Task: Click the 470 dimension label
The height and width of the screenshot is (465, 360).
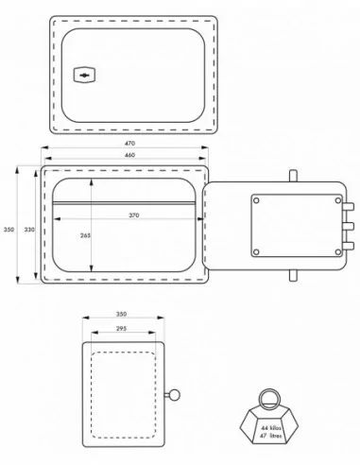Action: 129,143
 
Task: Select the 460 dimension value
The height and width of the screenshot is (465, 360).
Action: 129,155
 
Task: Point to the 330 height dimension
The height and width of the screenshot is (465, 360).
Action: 29,230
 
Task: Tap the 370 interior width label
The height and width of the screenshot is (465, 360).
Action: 134,215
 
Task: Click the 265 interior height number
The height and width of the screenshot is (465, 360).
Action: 85,235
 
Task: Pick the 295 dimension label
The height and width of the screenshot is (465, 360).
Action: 121,329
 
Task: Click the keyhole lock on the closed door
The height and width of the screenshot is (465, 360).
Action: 84,76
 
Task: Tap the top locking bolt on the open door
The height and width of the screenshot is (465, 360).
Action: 348,207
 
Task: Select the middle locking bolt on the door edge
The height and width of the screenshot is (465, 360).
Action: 348,226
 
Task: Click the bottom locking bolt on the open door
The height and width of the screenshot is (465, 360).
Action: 348,246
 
